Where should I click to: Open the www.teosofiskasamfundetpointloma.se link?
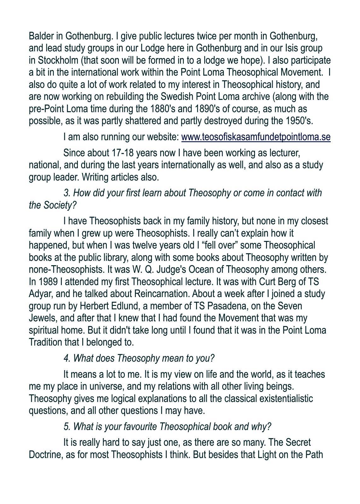pos(256,137)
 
